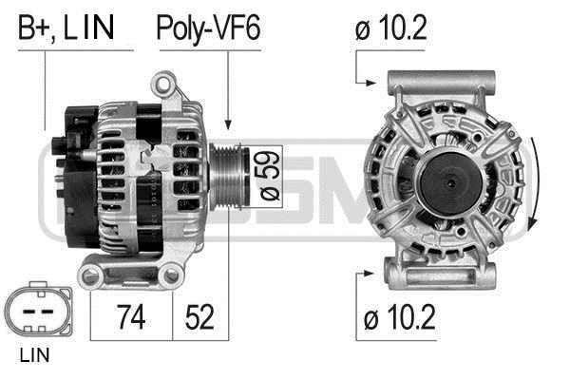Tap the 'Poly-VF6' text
click(207, 28)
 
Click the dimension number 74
click(131, 316)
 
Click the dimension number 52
click(199, 316)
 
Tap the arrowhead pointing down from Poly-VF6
click(228, 123)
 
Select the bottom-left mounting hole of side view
click(92, 276)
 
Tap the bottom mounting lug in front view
click(444, 276)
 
